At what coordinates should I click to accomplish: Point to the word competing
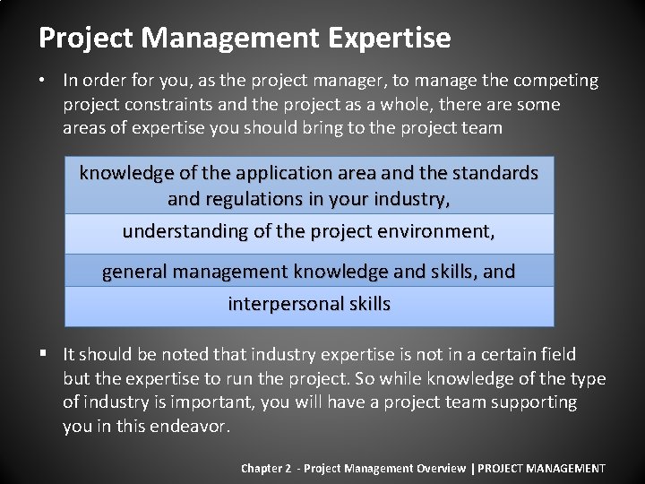coord(556,81)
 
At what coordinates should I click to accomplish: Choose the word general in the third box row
coord(133,271)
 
